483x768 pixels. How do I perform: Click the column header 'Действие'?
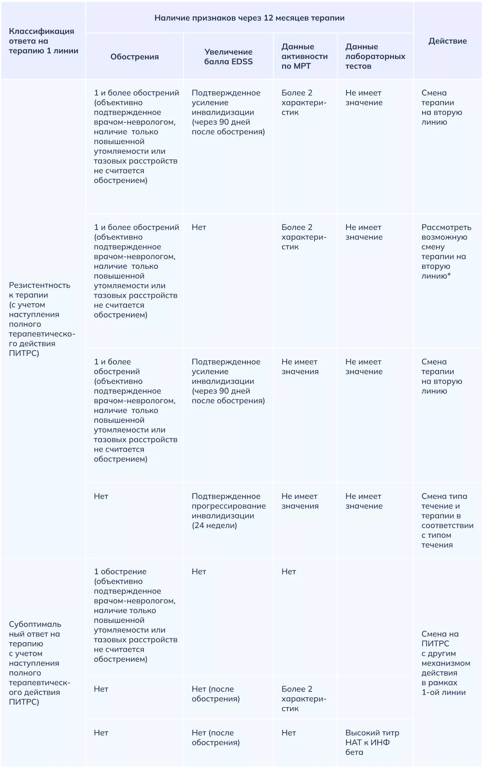click(x=447, y=41)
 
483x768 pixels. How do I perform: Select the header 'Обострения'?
click(x=134, y=57)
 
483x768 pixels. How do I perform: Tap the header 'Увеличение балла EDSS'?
click(x=228, y=57)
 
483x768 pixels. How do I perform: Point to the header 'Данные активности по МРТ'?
click(x=304, y=57)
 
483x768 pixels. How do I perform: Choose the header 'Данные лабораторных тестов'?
click(x=375, y=57)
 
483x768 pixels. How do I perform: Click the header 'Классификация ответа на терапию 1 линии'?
click(x=43, y=41)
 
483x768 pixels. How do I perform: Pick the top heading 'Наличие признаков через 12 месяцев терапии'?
click(x=249, y=18)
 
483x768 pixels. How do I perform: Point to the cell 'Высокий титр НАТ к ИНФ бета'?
click(x=372, y=742)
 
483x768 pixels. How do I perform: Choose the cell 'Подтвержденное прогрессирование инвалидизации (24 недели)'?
click(x=228, y=511)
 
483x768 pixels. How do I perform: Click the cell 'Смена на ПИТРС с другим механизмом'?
click(x=445, y=663)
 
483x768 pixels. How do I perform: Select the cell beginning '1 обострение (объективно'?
click(x=135, y=615)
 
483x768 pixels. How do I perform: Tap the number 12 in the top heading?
click(x=269, y=18)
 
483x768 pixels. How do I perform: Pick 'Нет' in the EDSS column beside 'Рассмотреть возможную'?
click(x=199, y=227)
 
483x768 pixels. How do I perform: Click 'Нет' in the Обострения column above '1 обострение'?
click(x=101, y=496)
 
